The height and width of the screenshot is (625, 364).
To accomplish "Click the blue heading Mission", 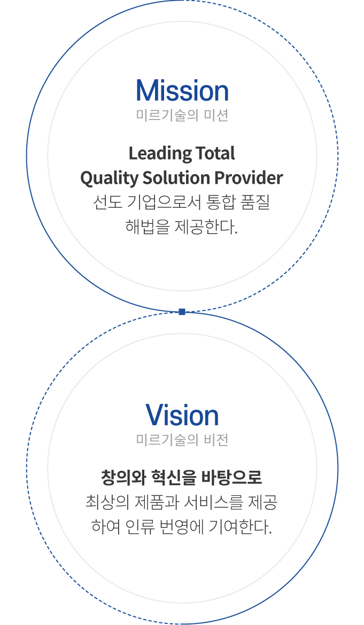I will [x=182, y=91].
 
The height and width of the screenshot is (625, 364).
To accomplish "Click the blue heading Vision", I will [x=182, y=416].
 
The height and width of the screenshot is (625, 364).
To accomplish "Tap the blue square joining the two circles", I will [x=182, y=312].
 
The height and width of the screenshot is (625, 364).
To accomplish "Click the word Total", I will [x=214, y=154].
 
